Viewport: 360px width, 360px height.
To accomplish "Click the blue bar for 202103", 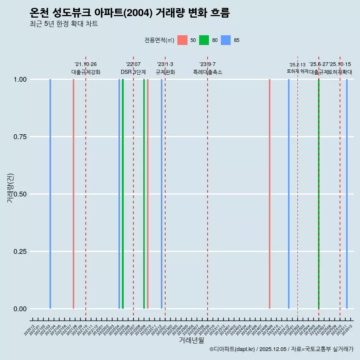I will pyautogui.click(x=50, y=194).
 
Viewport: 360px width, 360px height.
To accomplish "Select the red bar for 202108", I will pyautogui.click(x=73, y=194).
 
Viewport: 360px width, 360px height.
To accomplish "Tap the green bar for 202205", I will pyautogui.click(x=123, y=194).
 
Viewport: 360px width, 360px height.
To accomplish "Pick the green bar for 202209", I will pyautogui.click(x=144, y=194).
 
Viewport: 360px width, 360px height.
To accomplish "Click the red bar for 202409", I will pyautogui.click(x=270, y=194).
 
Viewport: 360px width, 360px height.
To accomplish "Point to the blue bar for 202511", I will pyautogui.click(x=347, y=194).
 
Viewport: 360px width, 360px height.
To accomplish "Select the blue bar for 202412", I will pyautogui.click(x=289, y=194).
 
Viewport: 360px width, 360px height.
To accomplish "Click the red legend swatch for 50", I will pyautogui.click(x=182, y=40).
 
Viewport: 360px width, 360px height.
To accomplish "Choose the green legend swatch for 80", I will pyautogui.click(x=204, y=40).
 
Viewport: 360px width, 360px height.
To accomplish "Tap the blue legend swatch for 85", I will pyautogui.click(x=226, y=40).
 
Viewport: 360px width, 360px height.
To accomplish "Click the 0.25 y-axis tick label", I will pyautogui.click(x=19, y=252).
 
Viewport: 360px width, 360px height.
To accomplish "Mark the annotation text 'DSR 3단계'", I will pyautogui.click(x=133, y=72).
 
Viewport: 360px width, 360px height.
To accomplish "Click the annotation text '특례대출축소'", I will pyautogui.click(x=208, y=72).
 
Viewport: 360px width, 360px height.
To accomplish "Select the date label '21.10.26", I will pyautogui.click(x=85, y=64).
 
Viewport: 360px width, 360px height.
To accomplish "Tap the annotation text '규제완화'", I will pyautogui.click(x=165, y=72).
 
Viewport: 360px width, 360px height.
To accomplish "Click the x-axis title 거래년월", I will pyautogui.click(x=192, y=340).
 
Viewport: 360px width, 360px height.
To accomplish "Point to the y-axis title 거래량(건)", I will pyautogui.click(x=10, y=188).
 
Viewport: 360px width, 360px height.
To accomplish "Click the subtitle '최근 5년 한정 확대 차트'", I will pyautogui.click(x=64, y=24).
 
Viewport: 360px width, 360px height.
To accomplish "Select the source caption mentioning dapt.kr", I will pyautogui.click(x=281, y=349).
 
